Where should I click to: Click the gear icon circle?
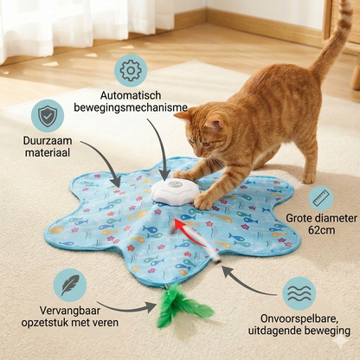tap(132, 70)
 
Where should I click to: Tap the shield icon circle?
tap(47, 116)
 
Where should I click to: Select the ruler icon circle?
tap(320, 198)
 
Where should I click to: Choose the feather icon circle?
tap(69, 285)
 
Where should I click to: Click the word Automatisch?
tap(132, 96)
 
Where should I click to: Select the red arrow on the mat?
tap(183, 226)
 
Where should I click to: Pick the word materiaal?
tap(47, 153)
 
